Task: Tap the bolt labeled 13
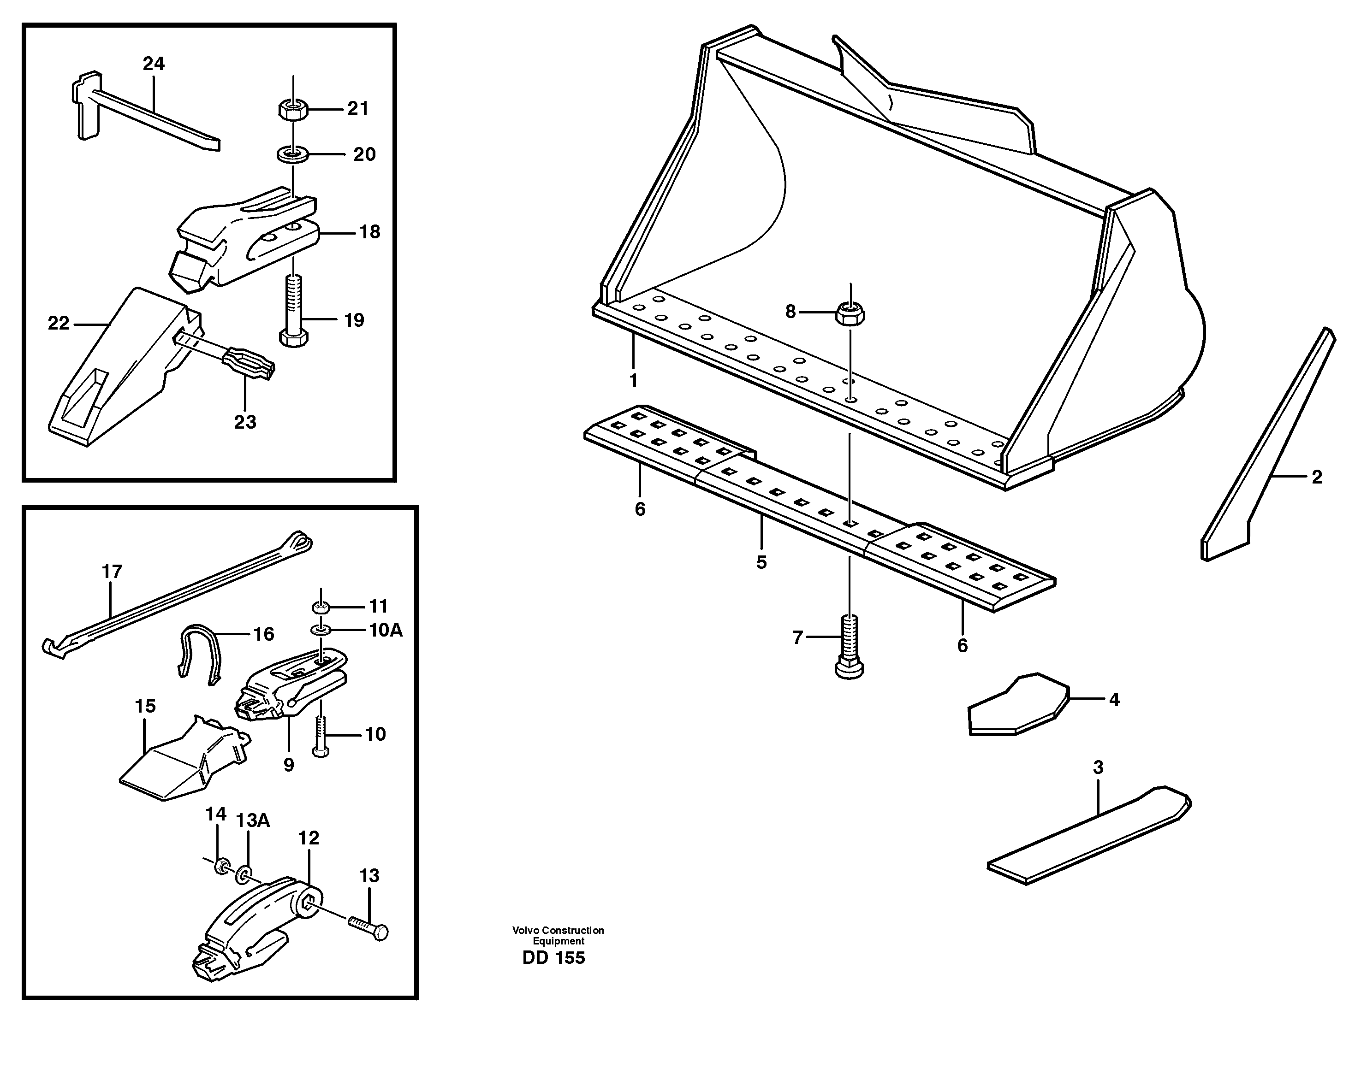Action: (369, 926)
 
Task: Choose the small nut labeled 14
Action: (220, 867)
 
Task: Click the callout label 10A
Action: (386, 630)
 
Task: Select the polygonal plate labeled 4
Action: (1016, 705)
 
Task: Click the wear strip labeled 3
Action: (1088, 836)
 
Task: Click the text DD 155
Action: (553, 958)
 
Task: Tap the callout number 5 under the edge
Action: (761, 562)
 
